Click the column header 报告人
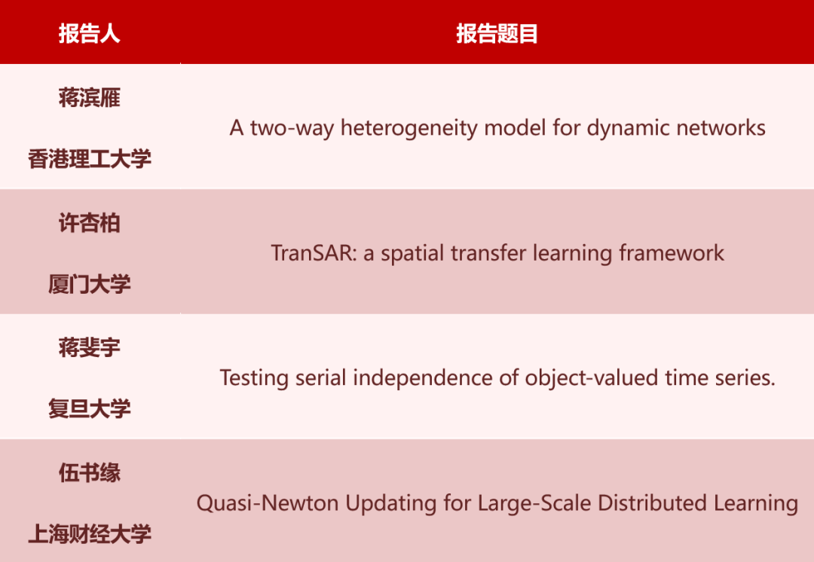coord(89,34)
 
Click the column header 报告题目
coord(497,34)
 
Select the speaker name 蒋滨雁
coord(89,97)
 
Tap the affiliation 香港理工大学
coord(89,159)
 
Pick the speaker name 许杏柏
coord(89,223)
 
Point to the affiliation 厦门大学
coord(89,284)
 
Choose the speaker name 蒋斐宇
coord(89,348)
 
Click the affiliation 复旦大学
coord(89,409)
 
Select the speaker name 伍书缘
coord(89,473)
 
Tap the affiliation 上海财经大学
coord(89,534)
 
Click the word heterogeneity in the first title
coord(409,128)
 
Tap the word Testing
coord(254,378)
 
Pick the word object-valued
coord(592,377)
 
